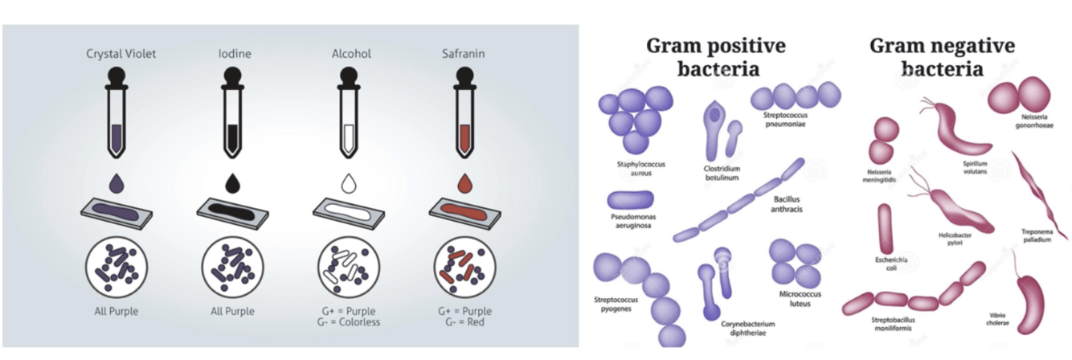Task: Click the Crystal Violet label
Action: pos(121,55)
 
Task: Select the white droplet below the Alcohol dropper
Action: pos(349,185)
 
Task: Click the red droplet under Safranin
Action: pos(464,185)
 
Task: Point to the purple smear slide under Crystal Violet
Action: pos(118,213)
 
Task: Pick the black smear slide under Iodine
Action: pos(233,213)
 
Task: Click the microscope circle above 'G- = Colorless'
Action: pos(348,268)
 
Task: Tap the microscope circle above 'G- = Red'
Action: pos(464,268)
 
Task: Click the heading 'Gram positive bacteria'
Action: pos(717,56)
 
